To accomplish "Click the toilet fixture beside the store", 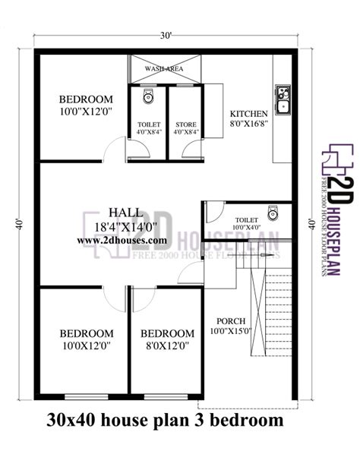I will pos(148,96).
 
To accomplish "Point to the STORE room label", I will pos(186,125).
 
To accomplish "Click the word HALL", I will pos(123,212).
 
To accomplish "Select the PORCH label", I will pos(231,320).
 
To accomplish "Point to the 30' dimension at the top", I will pos(165,35).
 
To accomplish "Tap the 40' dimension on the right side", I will pos(311,224).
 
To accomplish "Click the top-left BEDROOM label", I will pos(87,99).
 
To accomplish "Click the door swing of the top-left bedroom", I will pos(114,150).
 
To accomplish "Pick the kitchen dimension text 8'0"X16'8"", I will pos(248,122).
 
